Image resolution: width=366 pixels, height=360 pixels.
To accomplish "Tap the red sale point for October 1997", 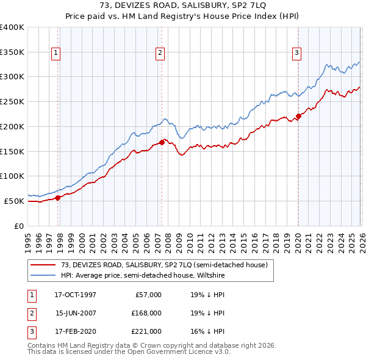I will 58,197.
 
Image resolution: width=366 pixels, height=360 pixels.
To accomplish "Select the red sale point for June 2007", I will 162,142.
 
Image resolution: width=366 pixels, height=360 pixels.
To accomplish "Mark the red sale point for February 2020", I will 298,116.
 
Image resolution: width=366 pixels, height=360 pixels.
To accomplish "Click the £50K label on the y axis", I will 15,201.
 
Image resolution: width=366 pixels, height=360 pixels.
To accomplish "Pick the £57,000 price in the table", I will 146,295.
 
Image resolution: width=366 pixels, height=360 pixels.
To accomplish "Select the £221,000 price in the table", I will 146,331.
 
